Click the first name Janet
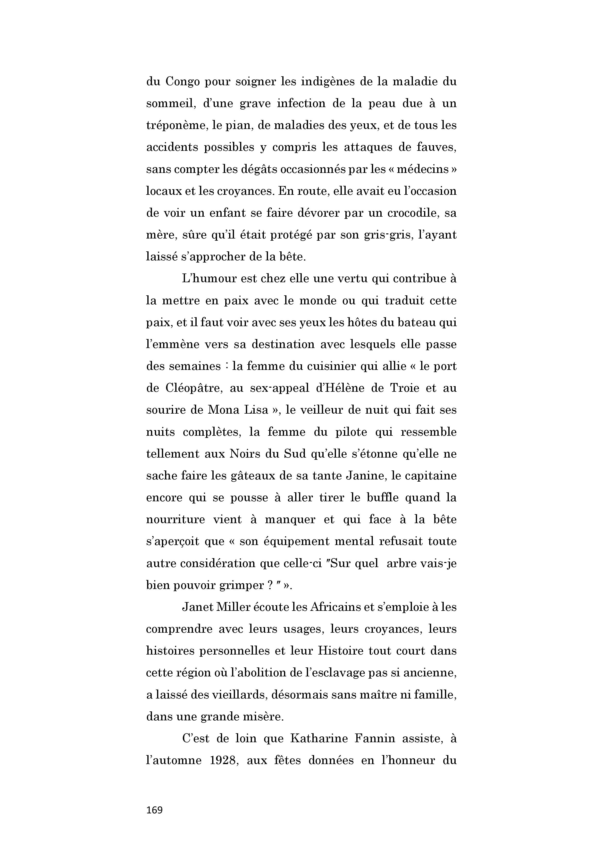(197, 607)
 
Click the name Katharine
(319, 738)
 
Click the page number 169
(154, 810)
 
